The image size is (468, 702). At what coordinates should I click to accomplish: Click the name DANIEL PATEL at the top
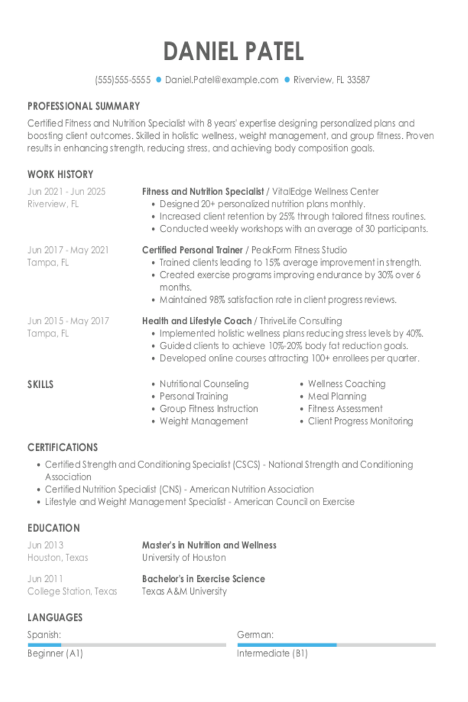233,52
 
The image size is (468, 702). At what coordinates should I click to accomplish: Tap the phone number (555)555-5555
122,80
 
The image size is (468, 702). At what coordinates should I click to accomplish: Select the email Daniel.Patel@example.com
221,80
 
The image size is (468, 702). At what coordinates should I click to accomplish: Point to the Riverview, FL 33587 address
331,80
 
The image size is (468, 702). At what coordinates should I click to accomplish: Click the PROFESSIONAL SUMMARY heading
83,106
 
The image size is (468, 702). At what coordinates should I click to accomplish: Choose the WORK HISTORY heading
60,174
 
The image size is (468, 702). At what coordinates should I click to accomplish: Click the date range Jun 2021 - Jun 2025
66,191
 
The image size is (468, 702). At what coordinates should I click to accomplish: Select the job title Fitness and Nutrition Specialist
203,191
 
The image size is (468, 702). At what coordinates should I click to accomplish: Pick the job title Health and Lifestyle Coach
197,321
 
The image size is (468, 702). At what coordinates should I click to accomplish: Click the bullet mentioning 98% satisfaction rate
278,300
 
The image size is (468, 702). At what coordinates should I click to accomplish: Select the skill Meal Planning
337,396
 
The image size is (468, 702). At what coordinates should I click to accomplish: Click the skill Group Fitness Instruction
208,409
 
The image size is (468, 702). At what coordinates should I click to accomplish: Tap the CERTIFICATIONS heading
63,447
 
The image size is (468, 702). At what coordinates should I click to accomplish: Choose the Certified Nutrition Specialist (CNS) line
179,489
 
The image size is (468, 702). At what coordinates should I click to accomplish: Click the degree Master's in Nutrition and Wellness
209,545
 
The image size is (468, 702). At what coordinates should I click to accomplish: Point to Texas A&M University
184,591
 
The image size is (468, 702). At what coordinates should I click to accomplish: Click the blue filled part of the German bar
286,645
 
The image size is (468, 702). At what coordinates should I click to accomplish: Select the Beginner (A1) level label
55,653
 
